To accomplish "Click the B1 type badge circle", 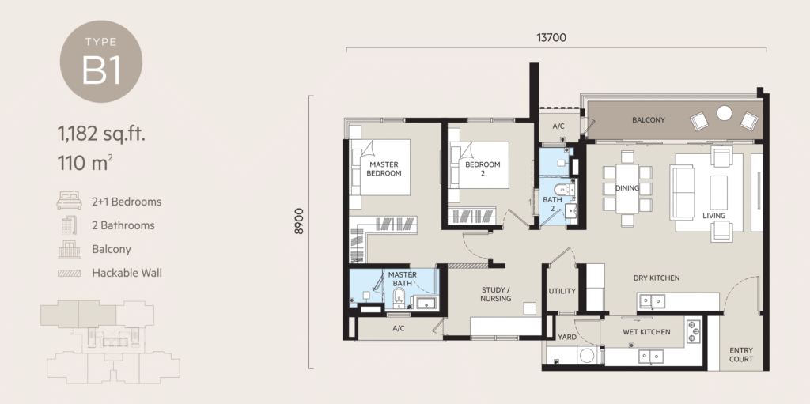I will [x=101, y=62].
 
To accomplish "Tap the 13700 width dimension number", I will [x=551, y=37].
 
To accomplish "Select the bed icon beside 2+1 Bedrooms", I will [x=69, y=202].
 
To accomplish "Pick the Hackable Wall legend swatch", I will [x=69, y=273].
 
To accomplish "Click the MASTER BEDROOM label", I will [x=384, y=168].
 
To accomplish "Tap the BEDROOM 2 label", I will [x=483, y=168].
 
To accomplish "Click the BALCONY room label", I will [x=648, y=120].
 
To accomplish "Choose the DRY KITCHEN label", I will [x=657, y=278].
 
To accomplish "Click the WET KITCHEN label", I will [x=645, y=332].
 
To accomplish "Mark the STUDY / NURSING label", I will [x=496, y=293].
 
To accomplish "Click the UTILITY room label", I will [x=562, y=291].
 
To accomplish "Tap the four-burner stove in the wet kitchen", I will [x=695, y=331].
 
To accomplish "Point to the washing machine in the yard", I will [x=586, y=356].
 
